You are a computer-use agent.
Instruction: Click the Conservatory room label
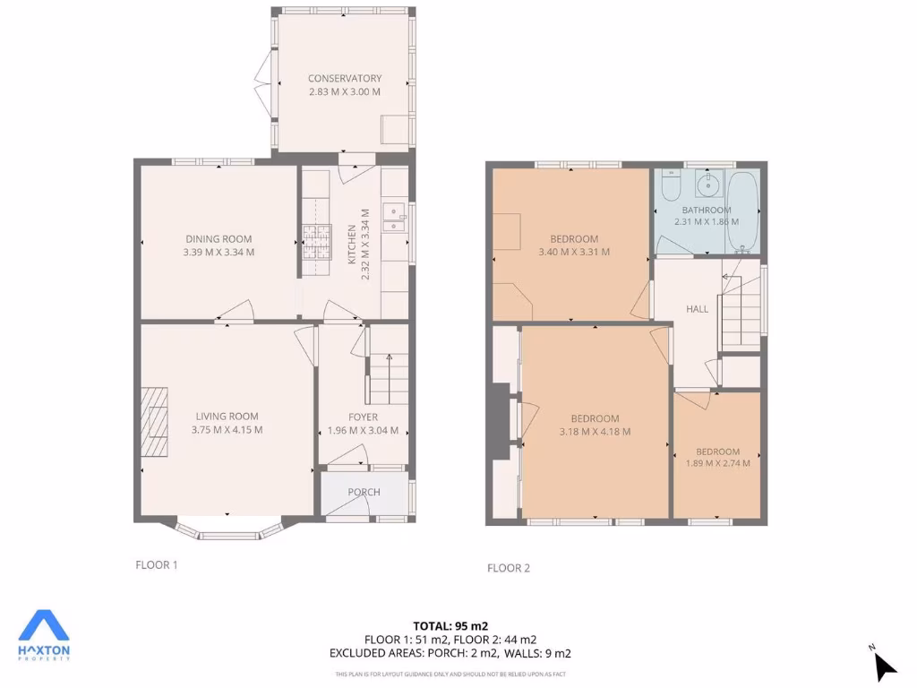(345, 79)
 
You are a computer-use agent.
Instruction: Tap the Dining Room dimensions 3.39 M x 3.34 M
(219, 252)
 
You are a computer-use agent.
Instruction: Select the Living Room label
(227, 416)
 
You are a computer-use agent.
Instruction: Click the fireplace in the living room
(153, 421)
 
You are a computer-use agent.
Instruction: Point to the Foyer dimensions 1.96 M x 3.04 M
(363, 431)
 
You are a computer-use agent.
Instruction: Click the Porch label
(364, 492)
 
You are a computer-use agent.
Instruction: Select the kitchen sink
(394, 218)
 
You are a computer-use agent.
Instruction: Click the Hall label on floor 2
(697, 308)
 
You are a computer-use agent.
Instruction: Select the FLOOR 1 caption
(157, 564)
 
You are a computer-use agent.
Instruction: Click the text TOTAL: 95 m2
(450, 625)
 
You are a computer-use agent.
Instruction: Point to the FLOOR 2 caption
(509, 567)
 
